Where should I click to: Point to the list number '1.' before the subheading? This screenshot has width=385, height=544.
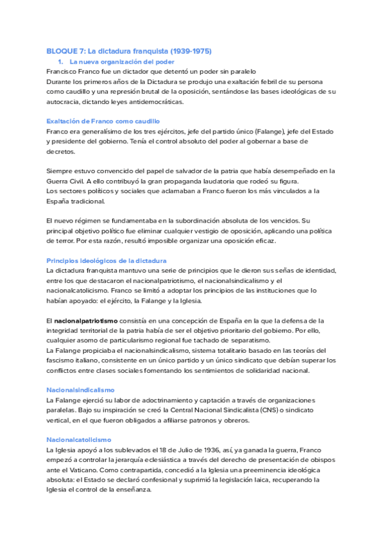point(60,62)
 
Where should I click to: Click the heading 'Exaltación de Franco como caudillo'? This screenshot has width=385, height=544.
point(103,121)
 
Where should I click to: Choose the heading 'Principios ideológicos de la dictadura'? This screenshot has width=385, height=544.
point(107,260)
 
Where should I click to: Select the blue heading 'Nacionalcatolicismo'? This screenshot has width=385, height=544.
point(79,439)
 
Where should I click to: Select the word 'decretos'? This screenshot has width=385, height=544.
point(60,151)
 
